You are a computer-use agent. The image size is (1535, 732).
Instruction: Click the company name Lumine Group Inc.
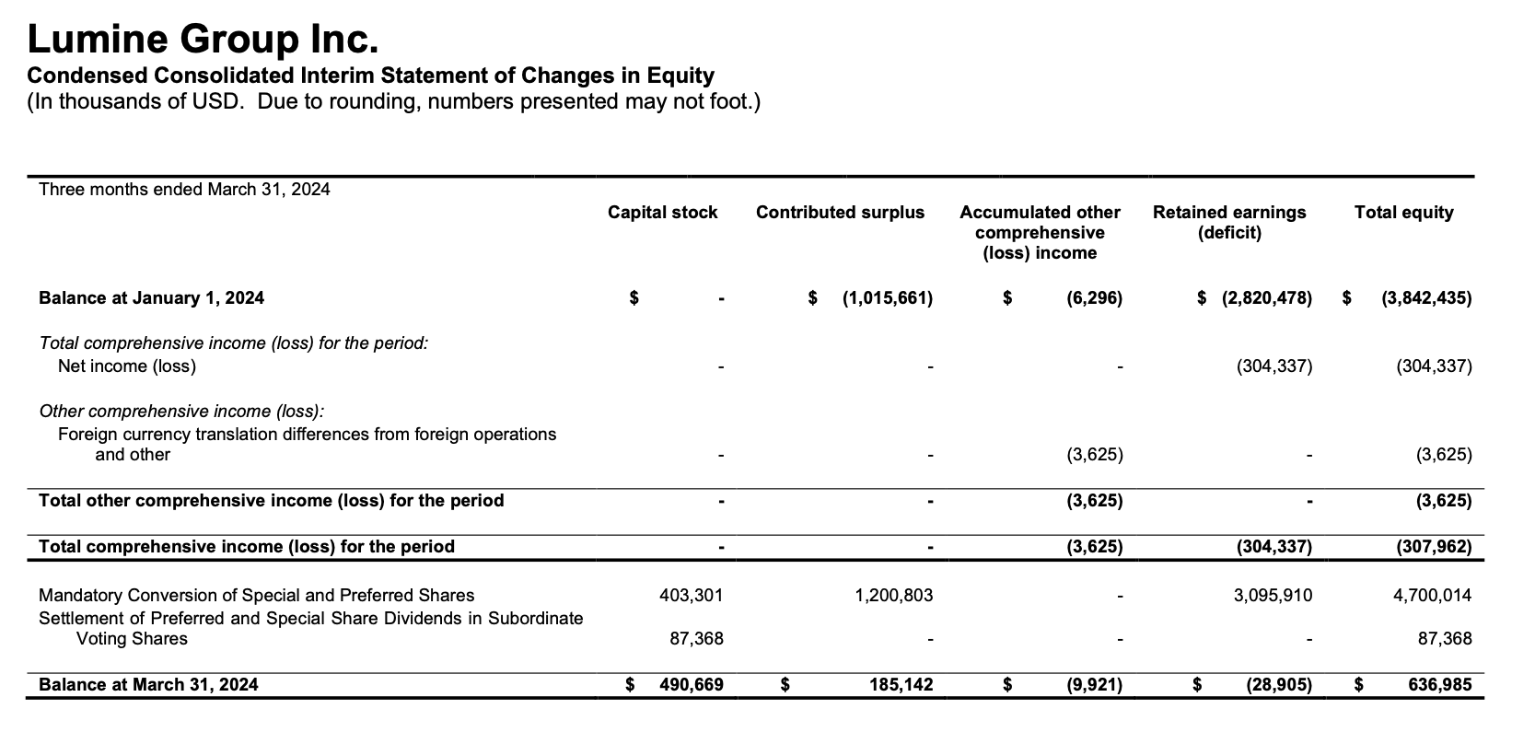pos(203,40)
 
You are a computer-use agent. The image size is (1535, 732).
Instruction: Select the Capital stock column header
pos(662,213)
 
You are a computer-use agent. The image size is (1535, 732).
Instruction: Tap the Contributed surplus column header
pos(840,213)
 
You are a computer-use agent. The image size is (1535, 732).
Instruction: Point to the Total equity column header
pos(1403,213)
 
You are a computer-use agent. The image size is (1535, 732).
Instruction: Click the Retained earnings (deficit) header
pos(1229,222)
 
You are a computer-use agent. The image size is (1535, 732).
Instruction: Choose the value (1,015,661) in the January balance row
pos(887,298)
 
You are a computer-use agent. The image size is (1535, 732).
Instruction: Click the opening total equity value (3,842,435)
pos(1426,298)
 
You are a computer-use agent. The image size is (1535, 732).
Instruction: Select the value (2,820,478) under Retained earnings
pos(1267,298)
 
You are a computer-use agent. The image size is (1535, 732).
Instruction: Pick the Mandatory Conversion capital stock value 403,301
pos(692,596)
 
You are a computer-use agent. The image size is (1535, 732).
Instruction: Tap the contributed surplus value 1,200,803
pos(893,596)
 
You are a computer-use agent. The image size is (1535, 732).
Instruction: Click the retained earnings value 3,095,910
pos(1273,596)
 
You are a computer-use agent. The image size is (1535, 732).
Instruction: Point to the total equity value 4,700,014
pos(1432,596)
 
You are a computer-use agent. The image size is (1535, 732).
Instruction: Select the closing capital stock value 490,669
pos(692,685)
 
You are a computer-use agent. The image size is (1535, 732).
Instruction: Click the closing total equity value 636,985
pos(1440,685)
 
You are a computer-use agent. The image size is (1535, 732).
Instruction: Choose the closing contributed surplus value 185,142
pos(901,685)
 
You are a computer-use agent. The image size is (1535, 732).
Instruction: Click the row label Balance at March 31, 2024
pos(148,685)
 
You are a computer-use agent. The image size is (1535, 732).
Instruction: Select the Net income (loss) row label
pos(127,366)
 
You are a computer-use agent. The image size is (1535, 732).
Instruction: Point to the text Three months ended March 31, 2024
pos(184,190)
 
